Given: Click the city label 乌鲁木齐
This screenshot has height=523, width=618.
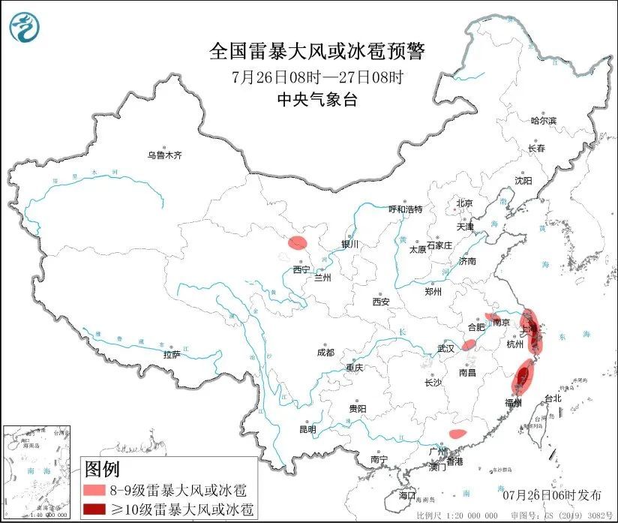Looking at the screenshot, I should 164,155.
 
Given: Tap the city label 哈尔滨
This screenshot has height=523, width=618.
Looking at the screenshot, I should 544,120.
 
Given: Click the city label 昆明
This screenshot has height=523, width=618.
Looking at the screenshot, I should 307,429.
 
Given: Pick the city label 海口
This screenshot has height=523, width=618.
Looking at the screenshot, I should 406,496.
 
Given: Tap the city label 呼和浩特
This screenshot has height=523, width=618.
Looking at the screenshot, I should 405,209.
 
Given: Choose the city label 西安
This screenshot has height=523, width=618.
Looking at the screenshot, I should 380,302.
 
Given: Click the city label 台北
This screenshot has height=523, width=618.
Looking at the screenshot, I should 552,398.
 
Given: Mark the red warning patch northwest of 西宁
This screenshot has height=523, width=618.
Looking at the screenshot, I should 298,242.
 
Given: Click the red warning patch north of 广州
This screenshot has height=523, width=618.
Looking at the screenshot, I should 457,433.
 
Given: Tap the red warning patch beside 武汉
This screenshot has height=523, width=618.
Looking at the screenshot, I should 469,344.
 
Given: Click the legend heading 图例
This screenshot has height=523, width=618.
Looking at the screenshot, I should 101,470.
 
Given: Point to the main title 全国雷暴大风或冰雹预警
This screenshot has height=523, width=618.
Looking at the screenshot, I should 317,51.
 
